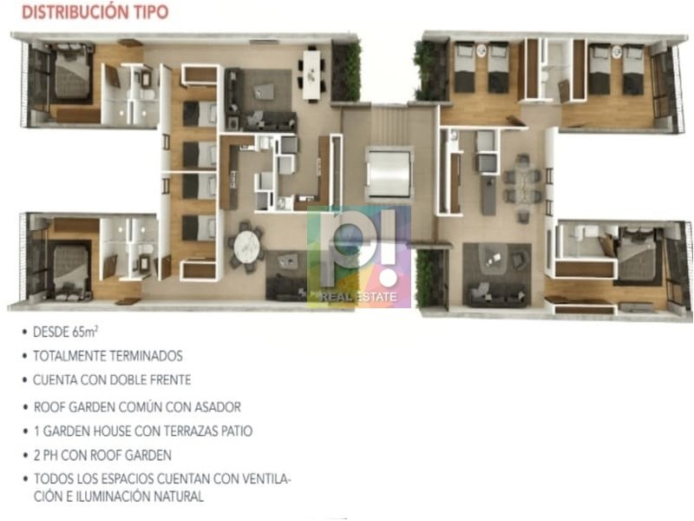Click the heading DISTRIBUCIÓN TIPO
coord(95,12)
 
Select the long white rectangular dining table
coord(311,75)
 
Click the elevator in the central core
coord(389,175)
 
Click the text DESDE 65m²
coord(66,332)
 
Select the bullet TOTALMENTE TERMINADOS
coord(108,356)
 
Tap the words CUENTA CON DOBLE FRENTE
coord(112,379)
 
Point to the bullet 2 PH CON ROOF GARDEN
coord(102,455)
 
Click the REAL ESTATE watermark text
coord(359,297)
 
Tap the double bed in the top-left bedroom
coord(71,73)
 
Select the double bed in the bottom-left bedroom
coord(71,270)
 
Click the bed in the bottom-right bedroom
coord(634,255)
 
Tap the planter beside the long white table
coord(345,71)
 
